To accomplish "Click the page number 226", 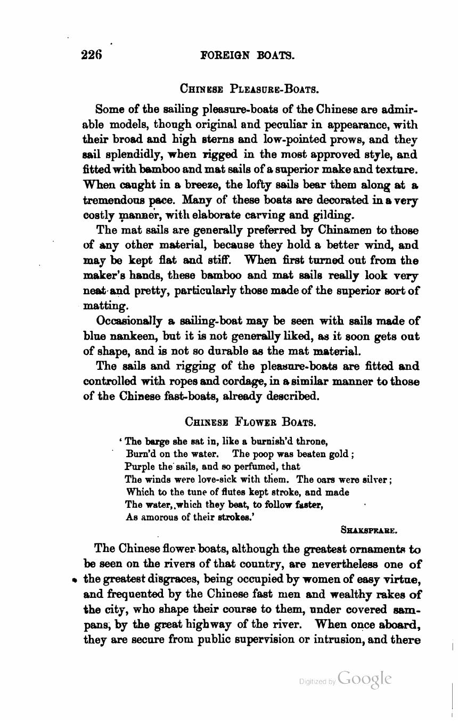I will coord(91,55).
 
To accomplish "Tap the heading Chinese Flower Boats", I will coord(250,422).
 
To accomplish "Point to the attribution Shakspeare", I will coord(369,530).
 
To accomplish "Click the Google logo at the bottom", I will coord(364,679).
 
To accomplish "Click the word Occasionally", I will coord(129,321).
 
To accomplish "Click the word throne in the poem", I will coord(310,442).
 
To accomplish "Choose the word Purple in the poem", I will coord(138,466).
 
